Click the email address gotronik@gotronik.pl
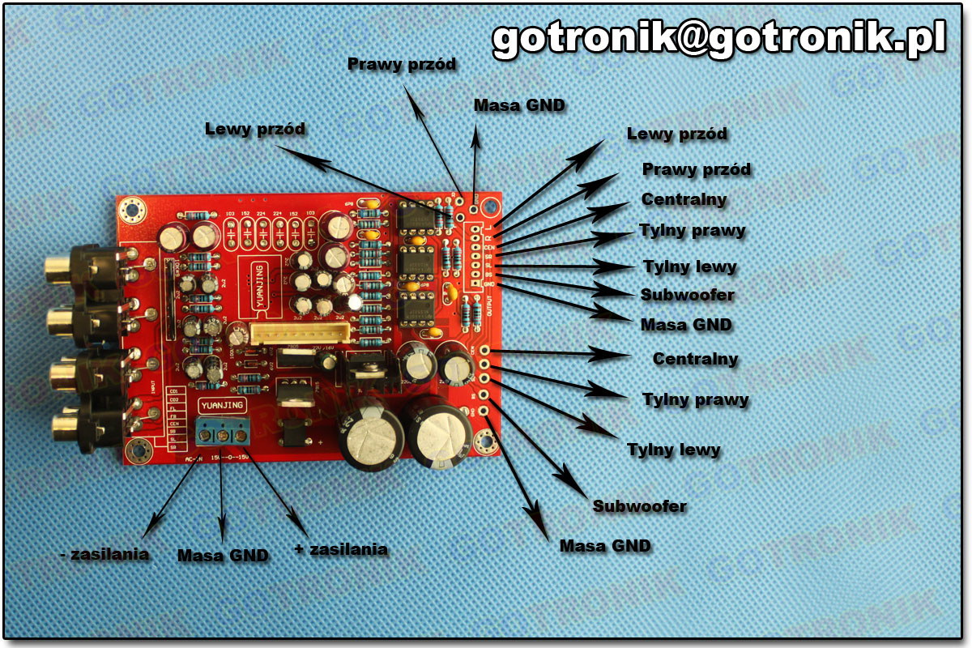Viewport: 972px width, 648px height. (719, 38)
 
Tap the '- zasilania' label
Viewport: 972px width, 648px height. (105, 555)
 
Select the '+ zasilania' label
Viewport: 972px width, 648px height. (341, 549)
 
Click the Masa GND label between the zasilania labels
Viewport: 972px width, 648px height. (223, 556)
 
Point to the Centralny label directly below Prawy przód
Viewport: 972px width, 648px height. (684, 199)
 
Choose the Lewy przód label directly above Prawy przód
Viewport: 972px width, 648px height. (677, 134)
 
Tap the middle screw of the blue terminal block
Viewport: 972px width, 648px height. (223, 437)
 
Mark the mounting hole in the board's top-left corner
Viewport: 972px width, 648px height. (131, 211)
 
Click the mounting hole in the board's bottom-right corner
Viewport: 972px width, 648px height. (486, 442)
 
